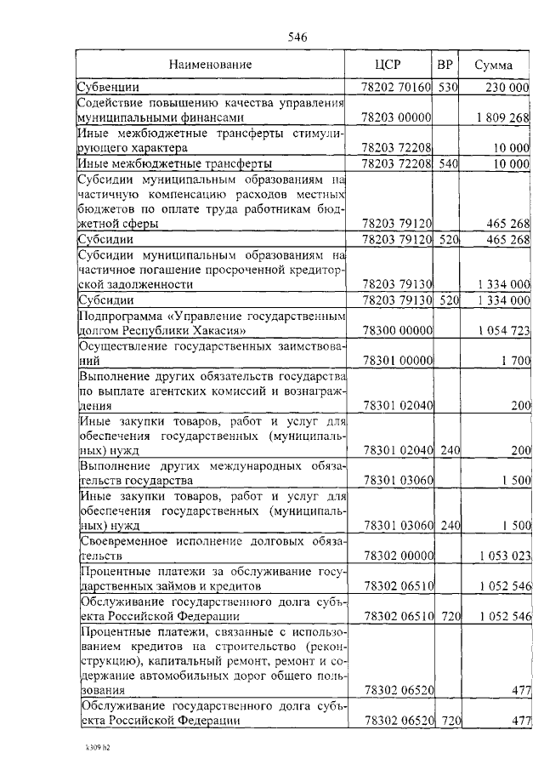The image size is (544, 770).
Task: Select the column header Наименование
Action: [210, 65]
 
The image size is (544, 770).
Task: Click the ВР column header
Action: [445, 65]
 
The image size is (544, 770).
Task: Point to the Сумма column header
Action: [493, 65]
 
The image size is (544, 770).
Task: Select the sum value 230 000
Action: [507, 87]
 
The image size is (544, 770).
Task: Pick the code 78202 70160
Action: [398, 87]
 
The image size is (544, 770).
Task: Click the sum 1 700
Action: [516, 360]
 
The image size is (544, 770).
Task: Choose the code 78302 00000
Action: [398, 555]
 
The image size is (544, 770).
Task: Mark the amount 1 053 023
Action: [504, 555]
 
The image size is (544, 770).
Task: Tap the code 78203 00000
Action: [398, 117]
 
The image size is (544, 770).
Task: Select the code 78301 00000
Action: [398, 360]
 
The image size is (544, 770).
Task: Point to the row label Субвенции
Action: [108, 87]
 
